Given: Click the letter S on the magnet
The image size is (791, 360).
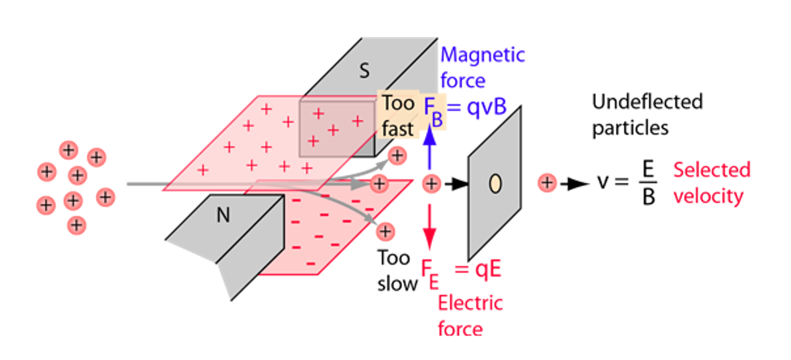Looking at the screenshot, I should pos(365,71).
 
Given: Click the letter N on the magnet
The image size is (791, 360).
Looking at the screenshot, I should pos(223,215).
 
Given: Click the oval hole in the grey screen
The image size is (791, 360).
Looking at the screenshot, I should pos(495,183).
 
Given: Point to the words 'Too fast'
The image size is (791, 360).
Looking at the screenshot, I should pos(398,116).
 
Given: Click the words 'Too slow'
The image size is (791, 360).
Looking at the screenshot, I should pos(397,271).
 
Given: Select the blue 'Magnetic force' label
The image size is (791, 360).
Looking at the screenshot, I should pos(482,67).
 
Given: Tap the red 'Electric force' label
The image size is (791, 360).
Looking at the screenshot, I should pos(470,316).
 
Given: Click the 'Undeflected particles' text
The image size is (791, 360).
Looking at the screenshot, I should pos(647,115).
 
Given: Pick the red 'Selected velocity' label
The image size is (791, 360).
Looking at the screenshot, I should pos(711,183).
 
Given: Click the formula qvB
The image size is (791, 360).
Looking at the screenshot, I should pos(487,106).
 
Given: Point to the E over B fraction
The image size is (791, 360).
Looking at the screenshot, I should pos(648,183).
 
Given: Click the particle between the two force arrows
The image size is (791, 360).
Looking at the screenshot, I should pos(431,184).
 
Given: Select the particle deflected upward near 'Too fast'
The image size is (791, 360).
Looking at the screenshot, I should pos(397,156).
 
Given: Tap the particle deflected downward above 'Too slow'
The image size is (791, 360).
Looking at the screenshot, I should pos(385,231).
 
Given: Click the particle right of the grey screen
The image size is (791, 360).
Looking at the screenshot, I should pos(547,183).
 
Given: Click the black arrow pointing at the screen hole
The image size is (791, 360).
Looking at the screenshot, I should pos(456,184).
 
